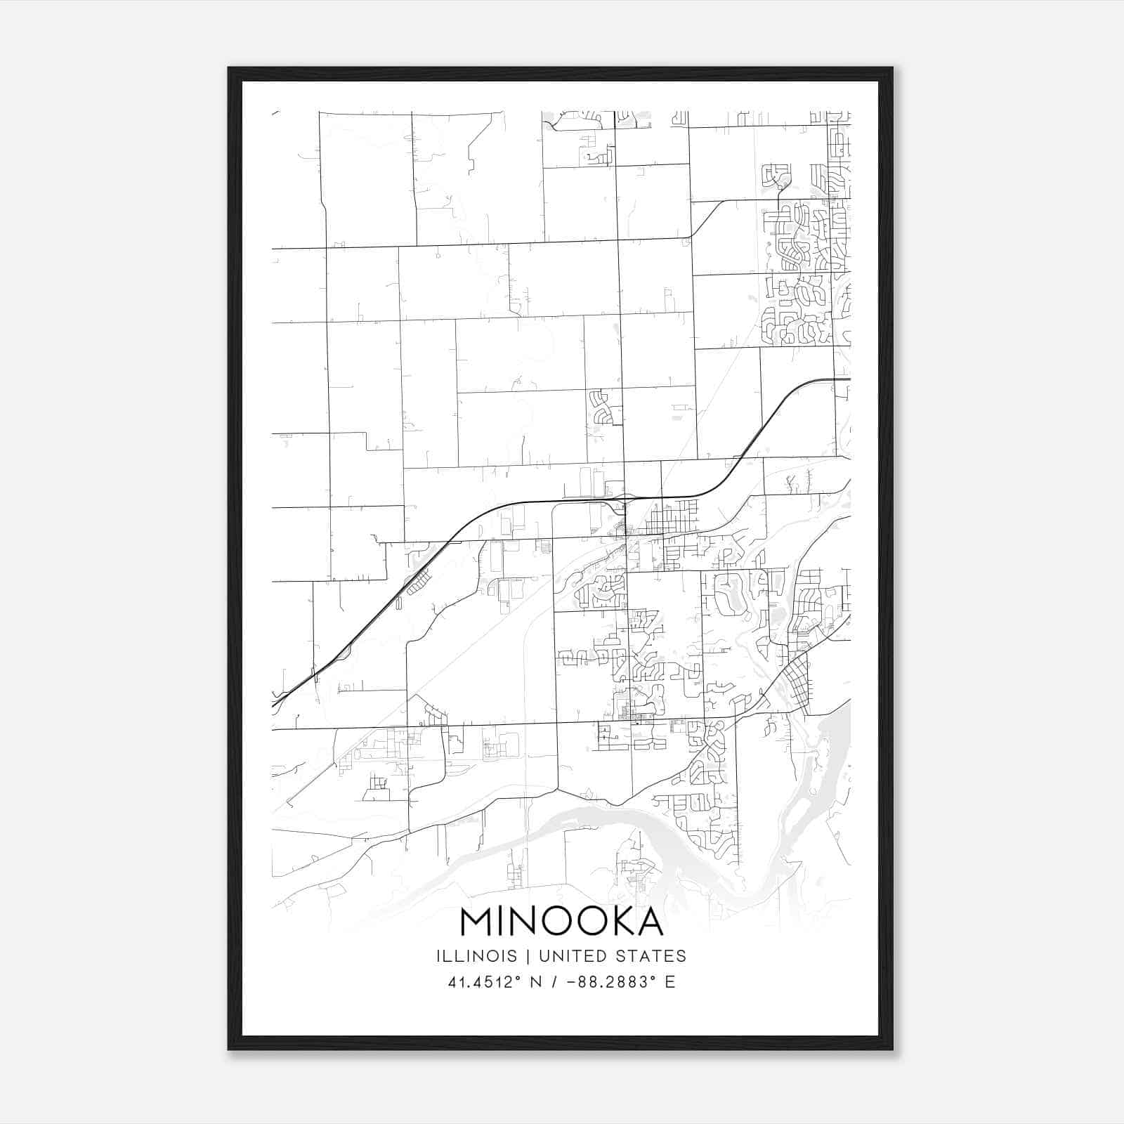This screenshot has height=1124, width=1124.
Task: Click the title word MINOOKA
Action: click(562, 922)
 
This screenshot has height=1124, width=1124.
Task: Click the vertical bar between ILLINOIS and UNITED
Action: click(516, 956)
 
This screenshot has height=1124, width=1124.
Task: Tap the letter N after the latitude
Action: click(535, 982)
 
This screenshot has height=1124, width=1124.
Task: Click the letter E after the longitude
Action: click(670, 982)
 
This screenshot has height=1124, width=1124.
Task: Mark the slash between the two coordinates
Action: click(555, 982)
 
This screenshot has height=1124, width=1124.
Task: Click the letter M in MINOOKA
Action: click(477, 922)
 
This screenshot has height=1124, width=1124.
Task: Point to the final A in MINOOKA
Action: click(649, 922)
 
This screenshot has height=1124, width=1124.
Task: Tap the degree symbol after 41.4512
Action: click(520, 977)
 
